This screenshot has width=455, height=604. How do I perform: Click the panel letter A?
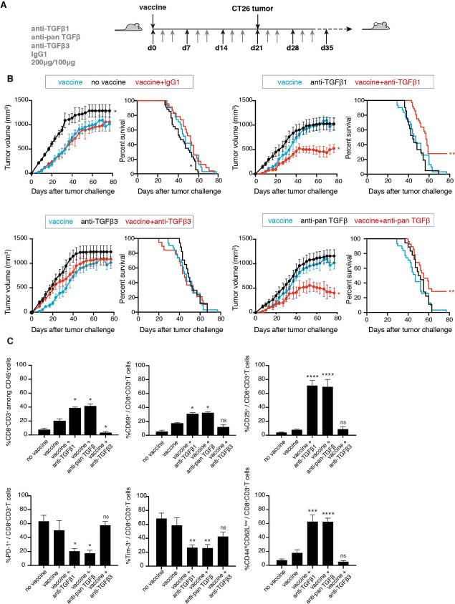7,6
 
